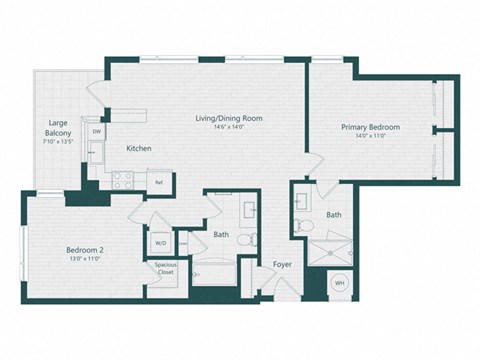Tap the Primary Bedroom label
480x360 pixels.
pyautogui.click(x=370, y=127)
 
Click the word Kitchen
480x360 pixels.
pyautogui.click(x=138, y=149)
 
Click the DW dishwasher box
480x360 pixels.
pyautogui.click(x=97, y=131)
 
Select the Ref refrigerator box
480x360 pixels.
pyautogui.click(x=158, y=182)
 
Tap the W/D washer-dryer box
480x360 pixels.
pyautogui.click(x=161, y=242)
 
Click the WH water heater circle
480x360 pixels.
pyautogui.click(x=338, y=283)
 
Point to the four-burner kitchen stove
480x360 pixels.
pyautogui.click(x=124, y=181)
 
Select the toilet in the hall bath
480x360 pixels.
pyautogui.click(x=253, y=238)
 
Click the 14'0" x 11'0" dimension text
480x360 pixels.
pyautogui.click(x=370, y=137)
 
